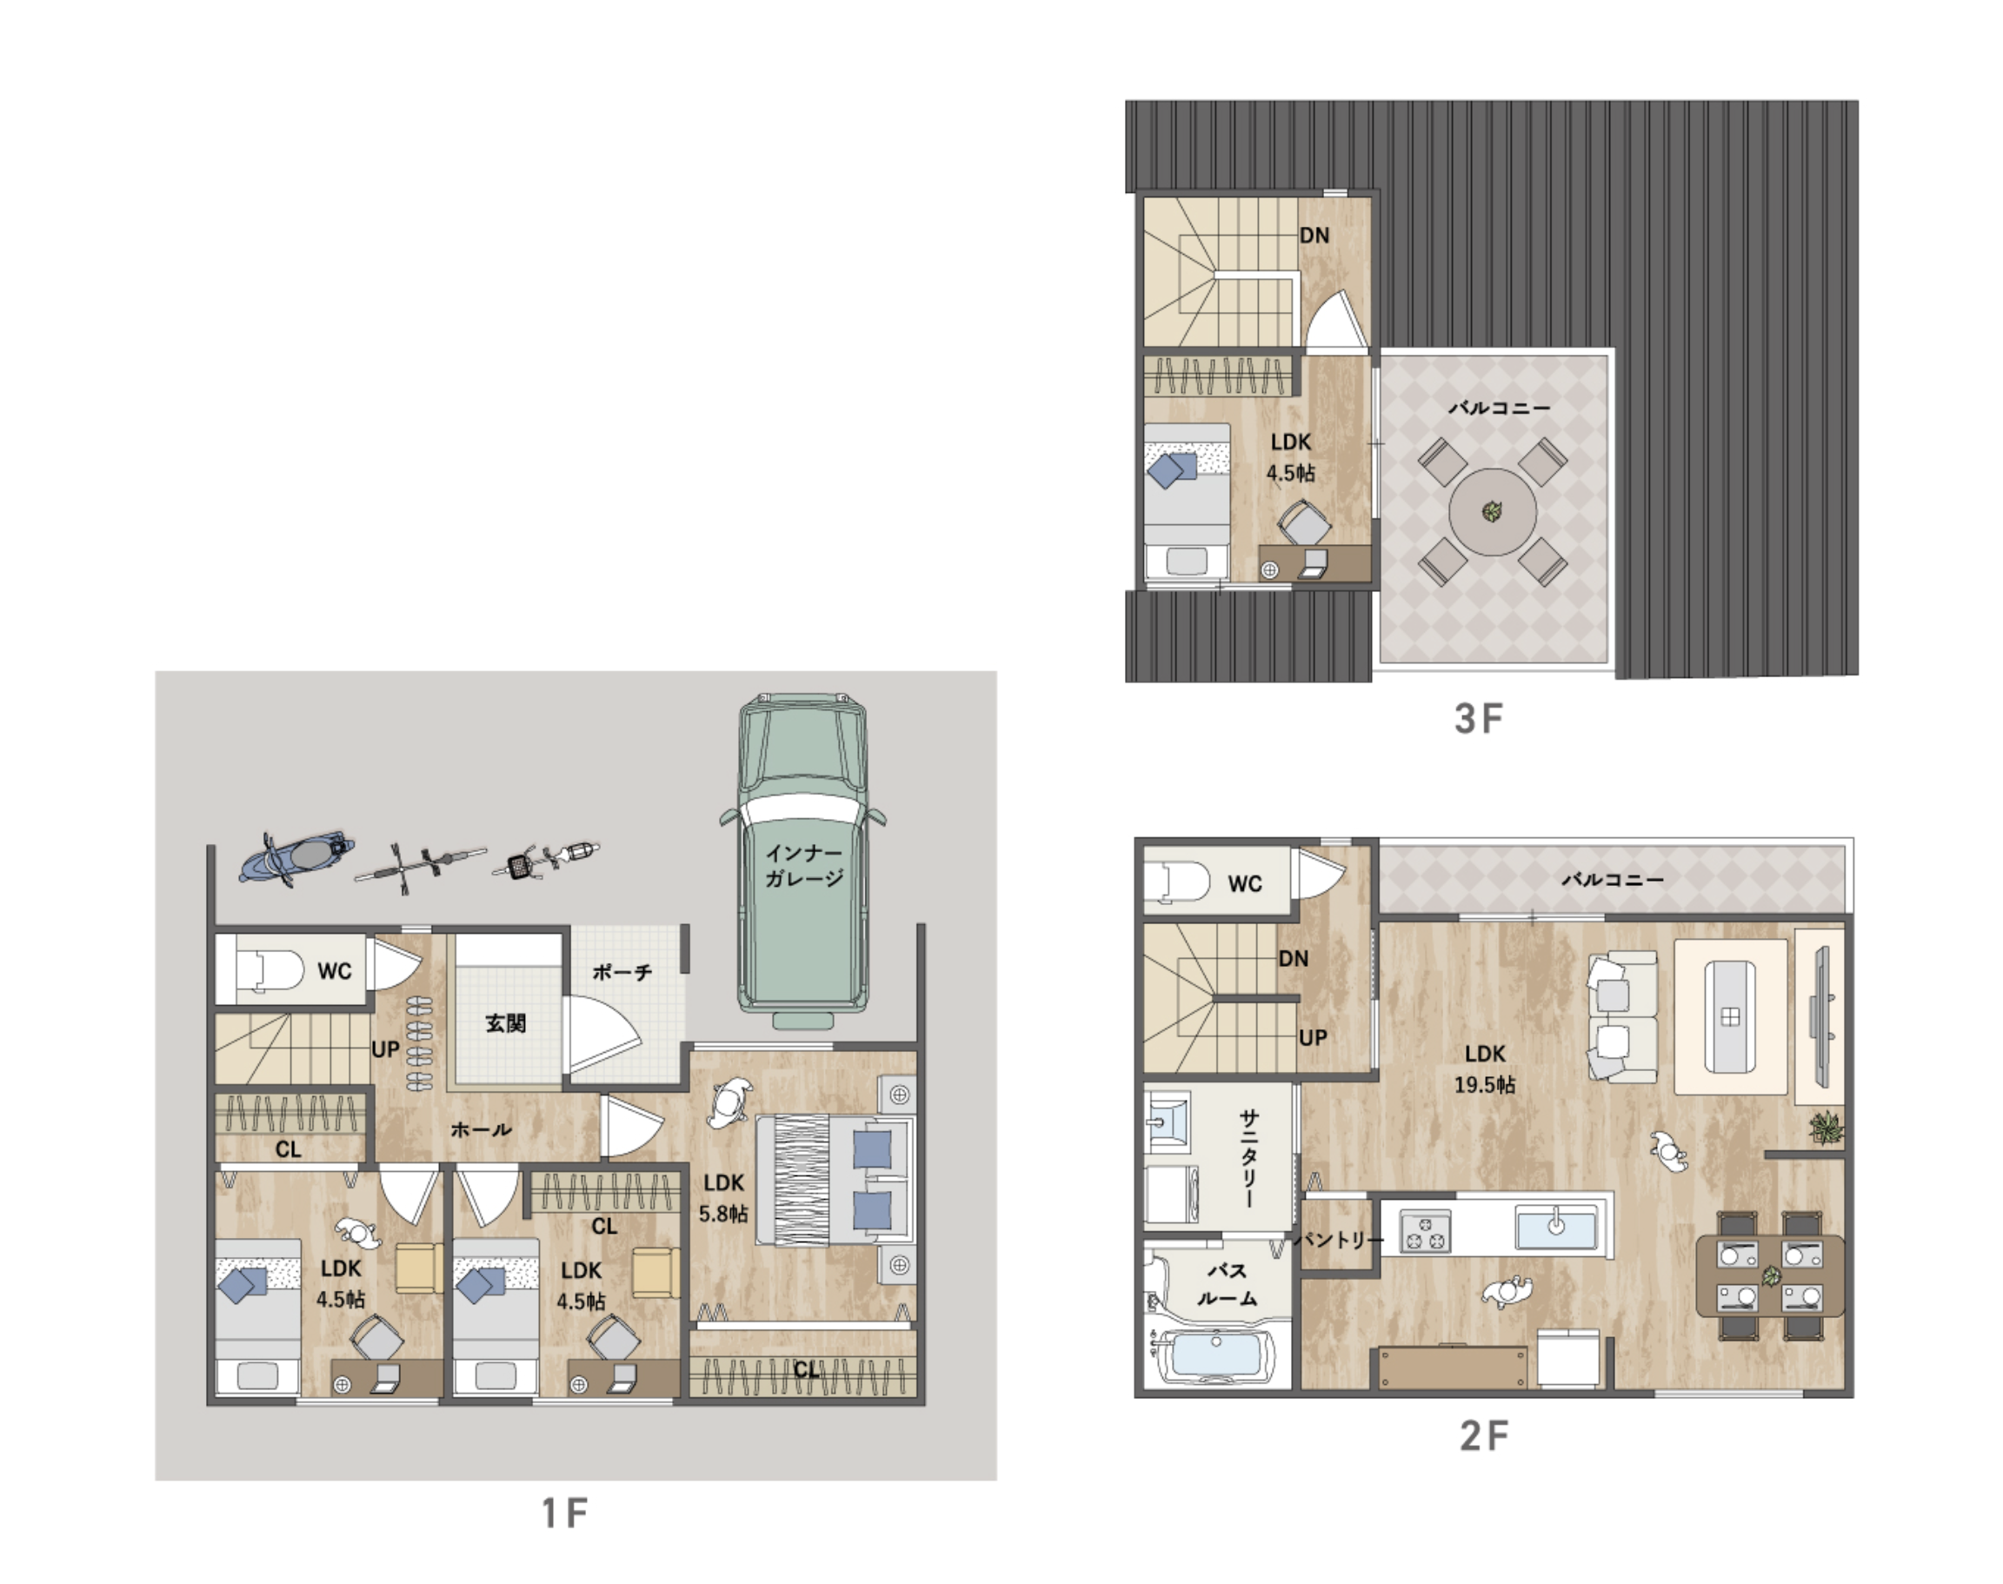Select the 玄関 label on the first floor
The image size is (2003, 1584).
[x=505, y=1023]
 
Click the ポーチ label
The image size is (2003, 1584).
[x=622, y=972]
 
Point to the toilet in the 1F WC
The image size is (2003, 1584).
[x=269, y=971]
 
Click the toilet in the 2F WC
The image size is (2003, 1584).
[x=1178, y=881]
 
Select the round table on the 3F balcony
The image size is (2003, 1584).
[x=1492, y=511]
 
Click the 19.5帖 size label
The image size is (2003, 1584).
[x=1485, y=1084]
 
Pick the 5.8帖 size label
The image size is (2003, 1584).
[x=723, y=1213]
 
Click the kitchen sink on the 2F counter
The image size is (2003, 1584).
[x=1556, y=1227]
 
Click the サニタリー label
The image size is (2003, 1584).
[x=1249, y=1159]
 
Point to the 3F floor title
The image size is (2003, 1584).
[x=1478, y=719]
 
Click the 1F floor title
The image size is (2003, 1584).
[x=565, y=1514]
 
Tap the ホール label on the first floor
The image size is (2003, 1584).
[x=481, y=1129]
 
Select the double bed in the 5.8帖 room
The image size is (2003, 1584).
[x=835, y=1181]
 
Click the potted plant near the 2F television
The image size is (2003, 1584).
[x=1826, y=1128]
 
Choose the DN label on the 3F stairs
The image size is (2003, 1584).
[x=1314, y=236]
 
